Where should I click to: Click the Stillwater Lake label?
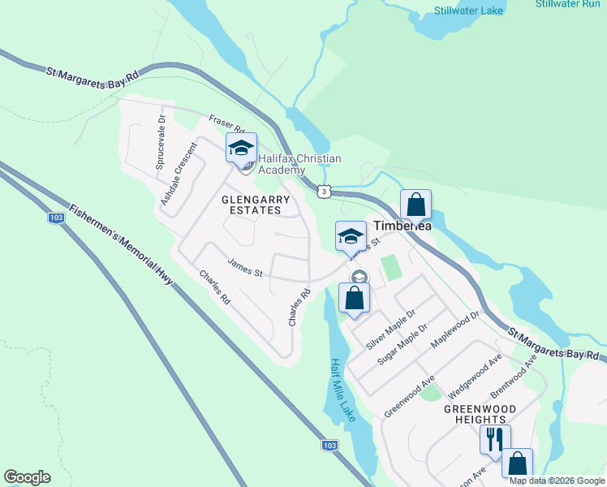[x=468, y=11]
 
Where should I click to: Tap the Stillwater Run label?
[x=567, y=4]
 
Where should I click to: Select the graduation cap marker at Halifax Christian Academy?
[x=240, y=149]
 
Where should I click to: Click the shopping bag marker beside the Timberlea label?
[x=415, y=205]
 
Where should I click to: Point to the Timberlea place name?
[x=401, y=226]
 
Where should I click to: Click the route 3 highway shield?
[x=325, y=191]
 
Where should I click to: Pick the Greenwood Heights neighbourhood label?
[x=480, y=413]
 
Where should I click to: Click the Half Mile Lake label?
[x=342, y=390]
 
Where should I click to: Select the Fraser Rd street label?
[x=226, y=123]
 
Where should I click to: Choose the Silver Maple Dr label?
[x=390, y=329]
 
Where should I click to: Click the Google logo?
[x=27, y=477]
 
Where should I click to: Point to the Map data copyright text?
[x=557, y=481]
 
